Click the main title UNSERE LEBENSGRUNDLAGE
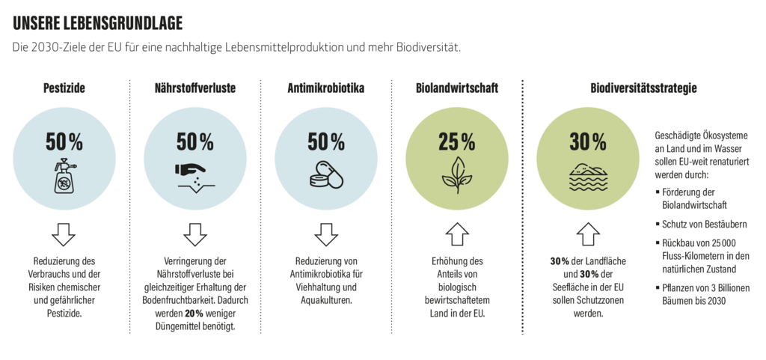[x=98, y=22]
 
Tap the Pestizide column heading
[x=64, y=88]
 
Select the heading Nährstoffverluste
[x=195, y=88]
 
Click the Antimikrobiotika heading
[x=326, y=88]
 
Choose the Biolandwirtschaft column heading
[x=457, y=88]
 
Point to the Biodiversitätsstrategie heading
[x=643, y=88]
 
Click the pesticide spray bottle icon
[x=64, y=175]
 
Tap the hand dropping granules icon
[x=195, y=174]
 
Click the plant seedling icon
[x=457, y=174]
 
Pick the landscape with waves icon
[x=588, y=174]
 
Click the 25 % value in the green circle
[x=457, y=141]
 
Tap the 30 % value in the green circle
[x=588, y=141]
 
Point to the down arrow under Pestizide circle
[x=64, y=234]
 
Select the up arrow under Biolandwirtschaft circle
[x=457, y=234]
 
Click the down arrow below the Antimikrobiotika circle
[x=326, y=234]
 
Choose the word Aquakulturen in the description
[x=326, y=300]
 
